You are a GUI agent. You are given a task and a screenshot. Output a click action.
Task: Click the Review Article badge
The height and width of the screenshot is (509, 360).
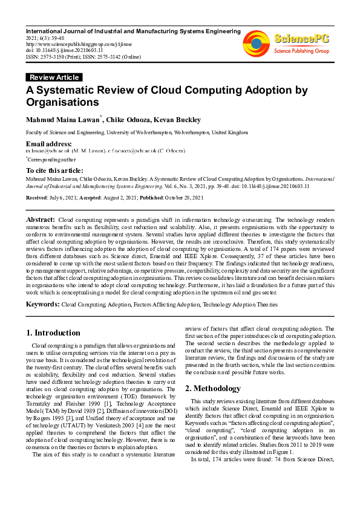54,77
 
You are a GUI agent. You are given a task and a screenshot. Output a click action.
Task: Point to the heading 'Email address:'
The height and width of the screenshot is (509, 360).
49,143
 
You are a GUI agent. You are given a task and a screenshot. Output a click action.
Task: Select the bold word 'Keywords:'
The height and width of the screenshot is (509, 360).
42,305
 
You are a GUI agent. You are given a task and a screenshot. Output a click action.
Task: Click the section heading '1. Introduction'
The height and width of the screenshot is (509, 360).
55,332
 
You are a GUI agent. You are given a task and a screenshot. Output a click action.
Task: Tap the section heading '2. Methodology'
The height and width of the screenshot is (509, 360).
214,388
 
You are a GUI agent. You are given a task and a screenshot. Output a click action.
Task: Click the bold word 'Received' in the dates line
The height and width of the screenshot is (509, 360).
36,198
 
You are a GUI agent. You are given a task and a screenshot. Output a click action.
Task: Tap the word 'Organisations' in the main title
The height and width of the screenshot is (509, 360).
62,102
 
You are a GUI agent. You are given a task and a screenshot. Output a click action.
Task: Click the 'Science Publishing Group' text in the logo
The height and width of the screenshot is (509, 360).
301,51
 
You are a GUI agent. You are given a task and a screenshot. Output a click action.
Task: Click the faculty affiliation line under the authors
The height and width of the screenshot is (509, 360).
136,132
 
